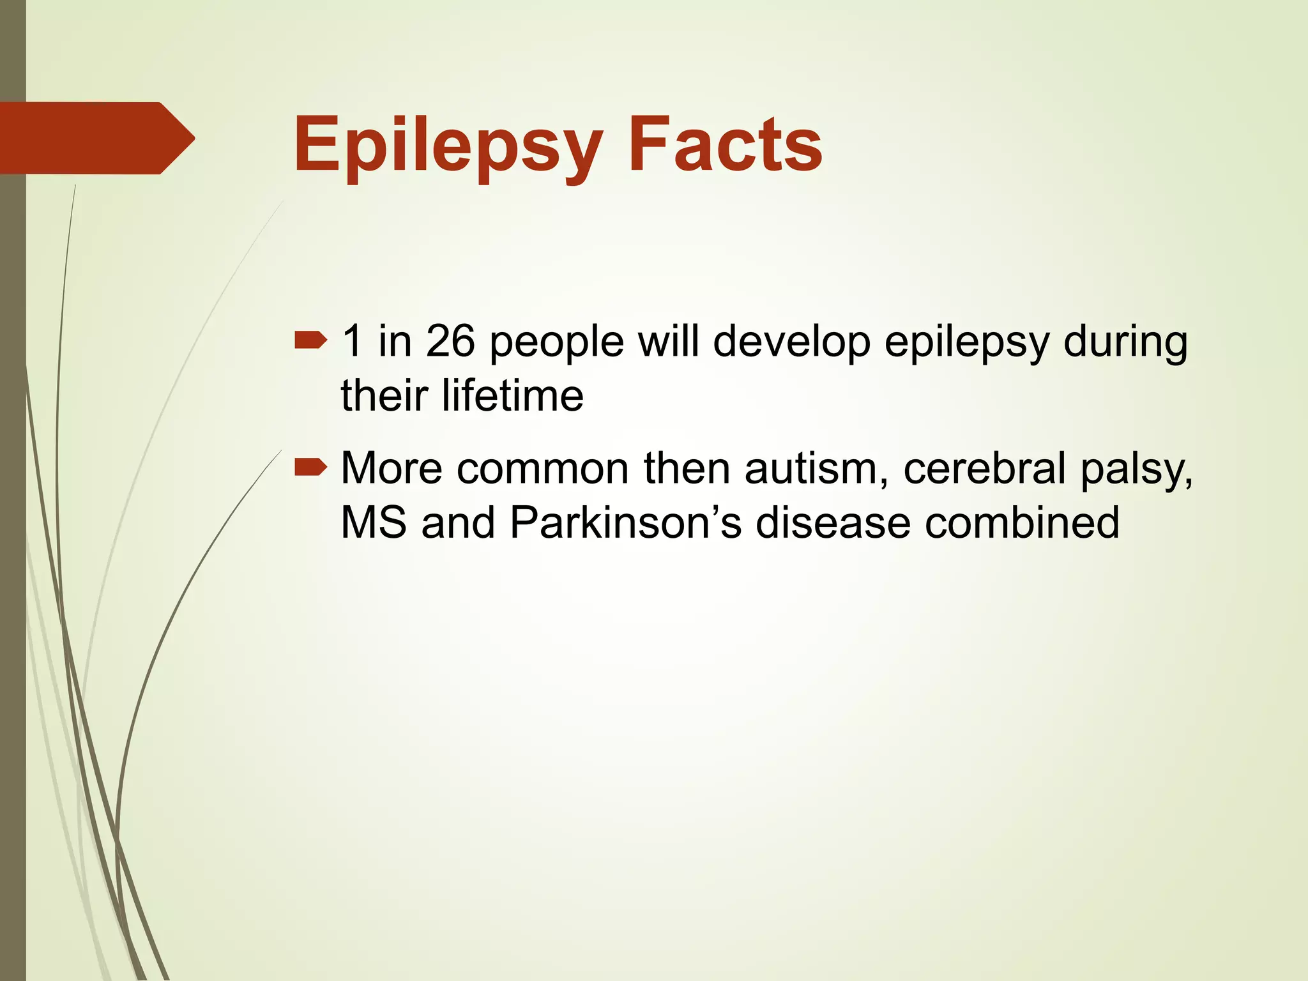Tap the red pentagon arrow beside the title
96,138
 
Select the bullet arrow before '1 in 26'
310,342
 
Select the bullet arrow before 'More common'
310,469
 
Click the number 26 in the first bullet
450,341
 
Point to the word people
556,344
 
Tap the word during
1125,342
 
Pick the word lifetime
512,395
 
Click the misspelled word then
687,469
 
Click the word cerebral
984,469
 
